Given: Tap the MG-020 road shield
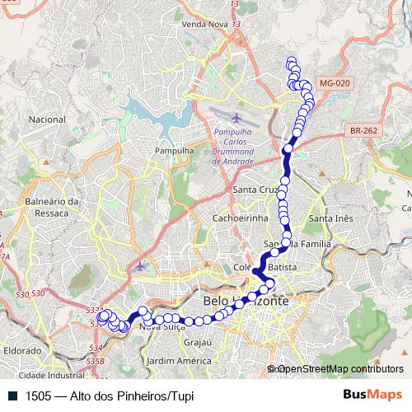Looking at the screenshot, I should pyautogui.click(x=334, y=83).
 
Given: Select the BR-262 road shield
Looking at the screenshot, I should pyautogui.click(x=363, y=130).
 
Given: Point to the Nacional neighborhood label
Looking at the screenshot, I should pyautogui.click(x=47, y=119).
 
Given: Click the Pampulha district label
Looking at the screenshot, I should pyautogui.click(x=173, y=152).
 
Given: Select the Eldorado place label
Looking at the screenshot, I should pyautogui.click(x=22, y=350).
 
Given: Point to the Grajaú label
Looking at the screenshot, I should pyautogui.click(x=199, y=341).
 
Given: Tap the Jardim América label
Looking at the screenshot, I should pyautogui.click(x=177, y=361).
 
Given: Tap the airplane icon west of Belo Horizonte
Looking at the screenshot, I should pyautogui.click(x=140, y=266).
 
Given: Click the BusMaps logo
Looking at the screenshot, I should pyautogui.click(x=373, y=395).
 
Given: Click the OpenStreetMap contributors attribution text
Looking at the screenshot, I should pyautogui.click(x=340, y=369).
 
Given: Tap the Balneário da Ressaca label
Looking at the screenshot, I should pyautogui.click(x=51, y=206).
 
